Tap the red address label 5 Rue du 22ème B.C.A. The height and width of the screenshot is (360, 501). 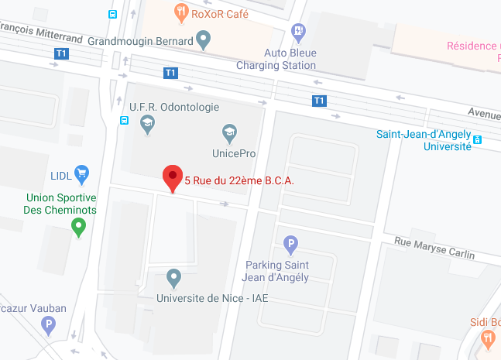point(239,180)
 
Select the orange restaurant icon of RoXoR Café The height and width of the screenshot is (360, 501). point(181,11)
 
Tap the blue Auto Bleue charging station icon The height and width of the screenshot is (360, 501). point(299,31)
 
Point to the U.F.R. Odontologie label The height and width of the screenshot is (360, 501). point(174,107)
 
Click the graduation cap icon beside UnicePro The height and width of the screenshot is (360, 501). point(229,133)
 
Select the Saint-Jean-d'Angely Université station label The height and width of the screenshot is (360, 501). point(424,139)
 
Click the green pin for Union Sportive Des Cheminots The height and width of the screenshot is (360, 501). point(78,226)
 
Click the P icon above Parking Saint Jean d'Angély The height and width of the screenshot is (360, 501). point(291,245)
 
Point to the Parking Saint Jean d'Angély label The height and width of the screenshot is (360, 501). point(277,271)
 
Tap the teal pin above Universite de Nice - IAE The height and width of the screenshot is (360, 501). point(173,276)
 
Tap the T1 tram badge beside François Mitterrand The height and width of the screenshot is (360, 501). point(61,53)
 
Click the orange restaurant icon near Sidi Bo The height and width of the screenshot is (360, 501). point(488,338)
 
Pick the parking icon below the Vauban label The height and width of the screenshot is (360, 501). point(49,324)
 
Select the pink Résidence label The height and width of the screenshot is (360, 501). point(473,46)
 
